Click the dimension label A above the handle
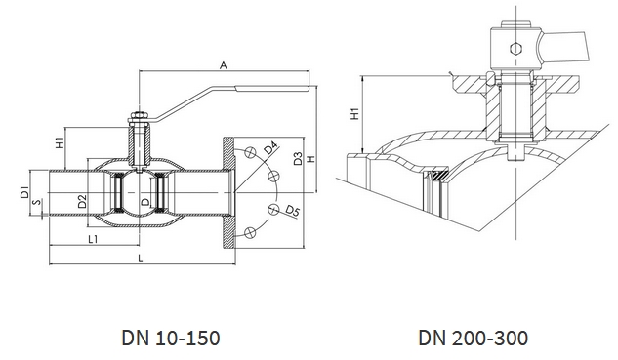coord(224,65)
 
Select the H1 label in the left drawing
coord(60,142)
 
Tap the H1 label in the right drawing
coord(355,113)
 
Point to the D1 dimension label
coord(25,192)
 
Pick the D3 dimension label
coord(298,158)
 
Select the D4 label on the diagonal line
coord(270,148)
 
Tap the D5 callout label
coord(293,212)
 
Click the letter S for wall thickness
coord(37,203)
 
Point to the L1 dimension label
coord(93,239)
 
